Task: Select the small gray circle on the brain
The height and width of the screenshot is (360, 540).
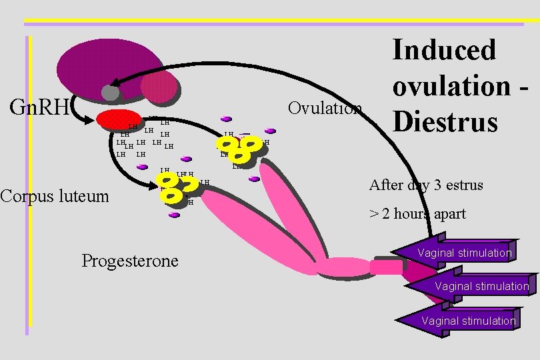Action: coord(110,93)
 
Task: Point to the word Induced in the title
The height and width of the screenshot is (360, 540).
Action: coord(444,50)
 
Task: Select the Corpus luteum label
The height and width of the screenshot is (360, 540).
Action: coord(54,195)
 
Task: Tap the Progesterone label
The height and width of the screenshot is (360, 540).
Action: coord(130,260)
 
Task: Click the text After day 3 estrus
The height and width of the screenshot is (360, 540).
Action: coord(426,185)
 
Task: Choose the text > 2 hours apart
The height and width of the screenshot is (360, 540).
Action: coord(417,214)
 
